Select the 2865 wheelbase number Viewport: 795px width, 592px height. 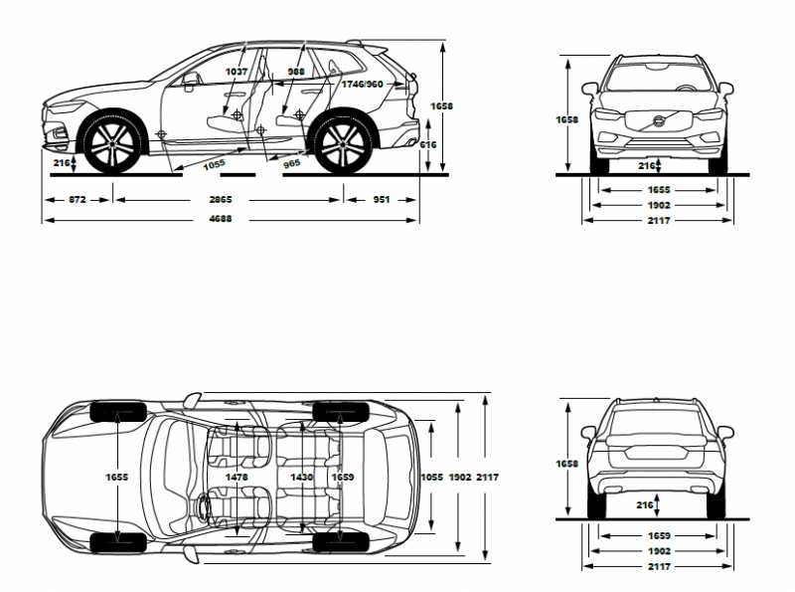[x=221, y=200]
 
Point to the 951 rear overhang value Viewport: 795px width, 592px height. [x=381, y=200]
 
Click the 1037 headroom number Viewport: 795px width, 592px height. [x=237, y=72]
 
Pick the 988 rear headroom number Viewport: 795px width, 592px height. [x=296, y=72]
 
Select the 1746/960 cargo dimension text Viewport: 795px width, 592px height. [x=362, y=85]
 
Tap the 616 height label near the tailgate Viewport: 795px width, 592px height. [x=428, y=145]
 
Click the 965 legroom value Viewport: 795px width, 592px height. [x=291, y=162]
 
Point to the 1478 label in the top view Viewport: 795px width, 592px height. [x=237, y=478]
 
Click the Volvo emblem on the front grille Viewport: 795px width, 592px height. [x=657, y=122]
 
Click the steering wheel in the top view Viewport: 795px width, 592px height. [x=206, y=504]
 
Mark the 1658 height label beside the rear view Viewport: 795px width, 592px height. [x=567, y=464]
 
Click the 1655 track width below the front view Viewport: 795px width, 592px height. [x=658, y=189]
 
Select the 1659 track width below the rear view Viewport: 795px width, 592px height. [x=658, y=535]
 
